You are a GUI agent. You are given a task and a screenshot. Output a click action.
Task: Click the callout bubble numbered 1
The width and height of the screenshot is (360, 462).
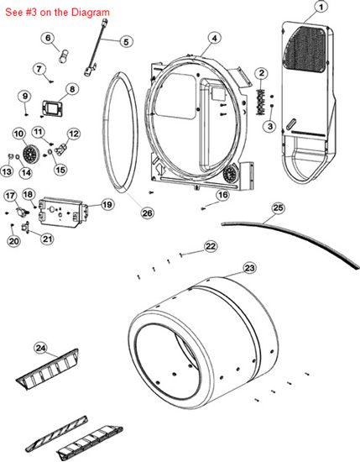321,7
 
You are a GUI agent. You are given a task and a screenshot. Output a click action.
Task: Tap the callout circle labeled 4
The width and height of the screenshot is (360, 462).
215,38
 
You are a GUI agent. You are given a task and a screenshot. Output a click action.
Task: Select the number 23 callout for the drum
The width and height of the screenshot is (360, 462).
249,269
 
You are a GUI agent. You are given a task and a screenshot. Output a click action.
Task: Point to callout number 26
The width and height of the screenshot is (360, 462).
147,213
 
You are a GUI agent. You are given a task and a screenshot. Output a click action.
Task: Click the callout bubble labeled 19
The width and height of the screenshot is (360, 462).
107,204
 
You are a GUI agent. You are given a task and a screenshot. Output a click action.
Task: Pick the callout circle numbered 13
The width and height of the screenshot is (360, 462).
7,171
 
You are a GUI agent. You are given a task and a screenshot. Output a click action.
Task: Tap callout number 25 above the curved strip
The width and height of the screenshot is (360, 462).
278,208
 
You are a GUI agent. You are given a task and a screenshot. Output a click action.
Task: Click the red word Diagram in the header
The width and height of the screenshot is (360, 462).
91,13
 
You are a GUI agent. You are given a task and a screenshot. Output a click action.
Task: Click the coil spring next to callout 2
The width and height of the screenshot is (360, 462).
260,102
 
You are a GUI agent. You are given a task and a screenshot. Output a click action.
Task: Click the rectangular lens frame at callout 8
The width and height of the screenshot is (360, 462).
52,108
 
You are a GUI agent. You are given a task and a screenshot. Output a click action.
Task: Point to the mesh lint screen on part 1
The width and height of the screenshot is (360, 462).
306,50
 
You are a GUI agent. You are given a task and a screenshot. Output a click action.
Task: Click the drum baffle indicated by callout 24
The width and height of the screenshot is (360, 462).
48,370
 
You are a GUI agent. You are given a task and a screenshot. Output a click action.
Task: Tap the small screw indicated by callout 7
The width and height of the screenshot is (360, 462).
51,82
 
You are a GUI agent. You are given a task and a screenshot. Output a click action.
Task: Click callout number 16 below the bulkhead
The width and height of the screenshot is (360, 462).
223,195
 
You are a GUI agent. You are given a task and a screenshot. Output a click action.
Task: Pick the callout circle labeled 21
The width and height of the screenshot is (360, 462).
47,239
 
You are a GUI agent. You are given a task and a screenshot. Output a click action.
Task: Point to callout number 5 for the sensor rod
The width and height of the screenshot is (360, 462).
126,41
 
